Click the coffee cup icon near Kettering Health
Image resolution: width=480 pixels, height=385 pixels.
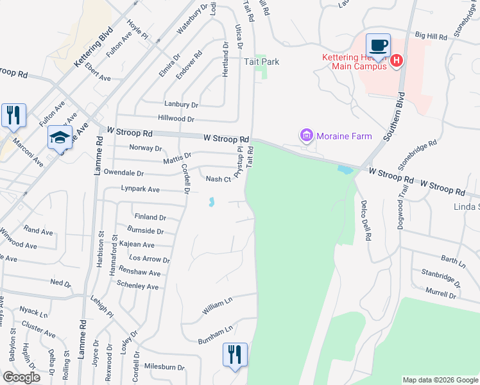click(378, 46)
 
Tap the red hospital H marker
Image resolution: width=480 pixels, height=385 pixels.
click(397, 61)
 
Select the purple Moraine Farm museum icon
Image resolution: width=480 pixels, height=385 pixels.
click(306, 135)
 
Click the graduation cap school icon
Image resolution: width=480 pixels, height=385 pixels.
click(60, 137)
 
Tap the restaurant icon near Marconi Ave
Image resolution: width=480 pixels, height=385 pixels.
click(13, 116)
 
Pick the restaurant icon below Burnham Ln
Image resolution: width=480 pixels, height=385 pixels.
click(234, 355)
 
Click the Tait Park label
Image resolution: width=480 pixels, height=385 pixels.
click(261, 62)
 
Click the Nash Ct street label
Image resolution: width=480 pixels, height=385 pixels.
click(218, 179)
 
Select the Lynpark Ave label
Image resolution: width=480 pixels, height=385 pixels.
click(141, 189)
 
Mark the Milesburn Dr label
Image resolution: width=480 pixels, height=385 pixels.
click(164, 368)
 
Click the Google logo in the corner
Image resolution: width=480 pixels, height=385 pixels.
click(21, 377)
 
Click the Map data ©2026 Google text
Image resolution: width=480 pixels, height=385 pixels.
click(439, 380)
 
